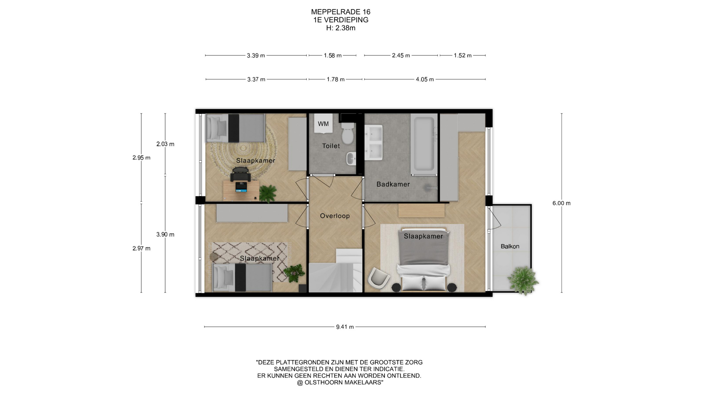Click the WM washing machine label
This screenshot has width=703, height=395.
[323, 124]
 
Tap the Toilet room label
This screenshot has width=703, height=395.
[331, 146]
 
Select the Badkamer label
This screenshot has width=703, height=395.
[393, 184]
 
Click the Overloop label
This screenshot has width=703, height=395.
[335, 216]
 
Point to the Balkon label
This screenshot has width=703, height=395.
[510, 247]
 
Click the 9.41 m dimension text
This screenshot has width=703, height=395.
[345, 327]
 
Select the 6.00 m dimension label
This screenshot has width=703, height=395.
[562, 203]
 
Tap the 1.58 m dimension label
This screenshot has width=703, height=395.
[332, 56]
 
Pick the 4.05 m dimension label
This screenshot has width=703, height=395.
[425, 79]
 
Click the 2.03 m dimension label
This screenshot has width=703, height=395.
[165, 144]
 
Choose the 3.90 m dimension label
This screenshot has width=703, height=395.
[165, 234]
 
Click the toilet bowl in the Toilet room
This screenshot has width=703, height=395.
[347, 133]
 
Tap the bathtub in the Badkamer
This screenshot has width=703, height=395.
[424, 143]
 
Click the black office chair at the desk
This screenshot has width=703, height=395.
[241, 174]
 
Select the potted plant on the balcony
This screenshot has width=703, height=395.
[523, 280]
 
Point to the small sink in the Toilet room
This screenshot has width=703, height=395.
[351, 159]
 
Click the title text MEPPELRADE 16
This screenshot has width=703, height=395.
[341, 12]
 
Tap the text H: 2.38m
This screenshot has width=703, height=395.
[341, 28]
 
